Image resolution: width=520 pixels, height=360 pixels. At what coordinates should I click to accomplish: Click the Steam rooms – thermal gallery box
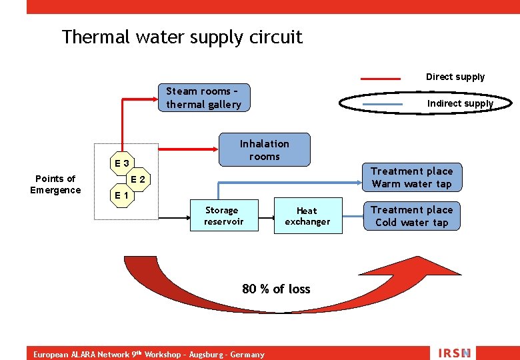click(x=203, y=98)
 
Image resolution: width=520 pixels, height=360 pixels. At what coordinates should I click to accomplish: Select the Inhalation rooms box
click(x=265, y=150)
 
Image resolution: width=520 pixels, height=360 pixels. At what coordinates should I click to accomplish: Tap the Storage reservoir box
click(x=223, y=216)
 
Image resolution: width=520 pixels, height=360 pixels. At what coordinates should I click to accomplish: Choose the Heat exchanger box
click(x=307, y=216)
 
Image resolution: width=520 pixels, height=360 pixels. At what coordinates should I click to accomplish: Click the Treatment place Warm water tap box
click(x=411, y=178)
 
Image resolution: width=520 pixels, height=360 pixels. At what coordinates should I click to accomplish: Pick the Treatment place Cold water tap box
click(x=411, y=217)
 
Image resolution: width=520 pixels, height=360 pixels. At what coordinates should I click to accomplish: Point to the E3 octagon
click(x=122, y=163)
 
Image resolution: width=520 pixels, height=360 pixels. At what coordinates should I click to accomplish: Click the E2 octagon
click(x=138, y=179)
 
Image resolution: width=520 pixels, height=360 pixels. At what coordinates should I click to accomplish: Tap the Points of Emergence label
click(x=55, y=184)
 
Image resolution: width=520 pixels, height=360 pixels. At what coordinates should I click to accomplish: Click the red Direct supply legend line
click(x=381, y=78)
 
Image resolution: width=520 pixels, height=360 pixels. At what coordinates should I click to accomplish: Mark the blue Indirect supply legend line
click(x=381, y=104)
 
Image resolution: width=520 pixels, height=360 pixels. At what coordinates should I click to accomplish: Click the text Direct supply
click(x=455, y=77)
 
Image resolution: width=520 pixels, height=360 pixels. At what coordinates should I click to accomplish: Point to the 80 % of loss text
click(x=276, y=289)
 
